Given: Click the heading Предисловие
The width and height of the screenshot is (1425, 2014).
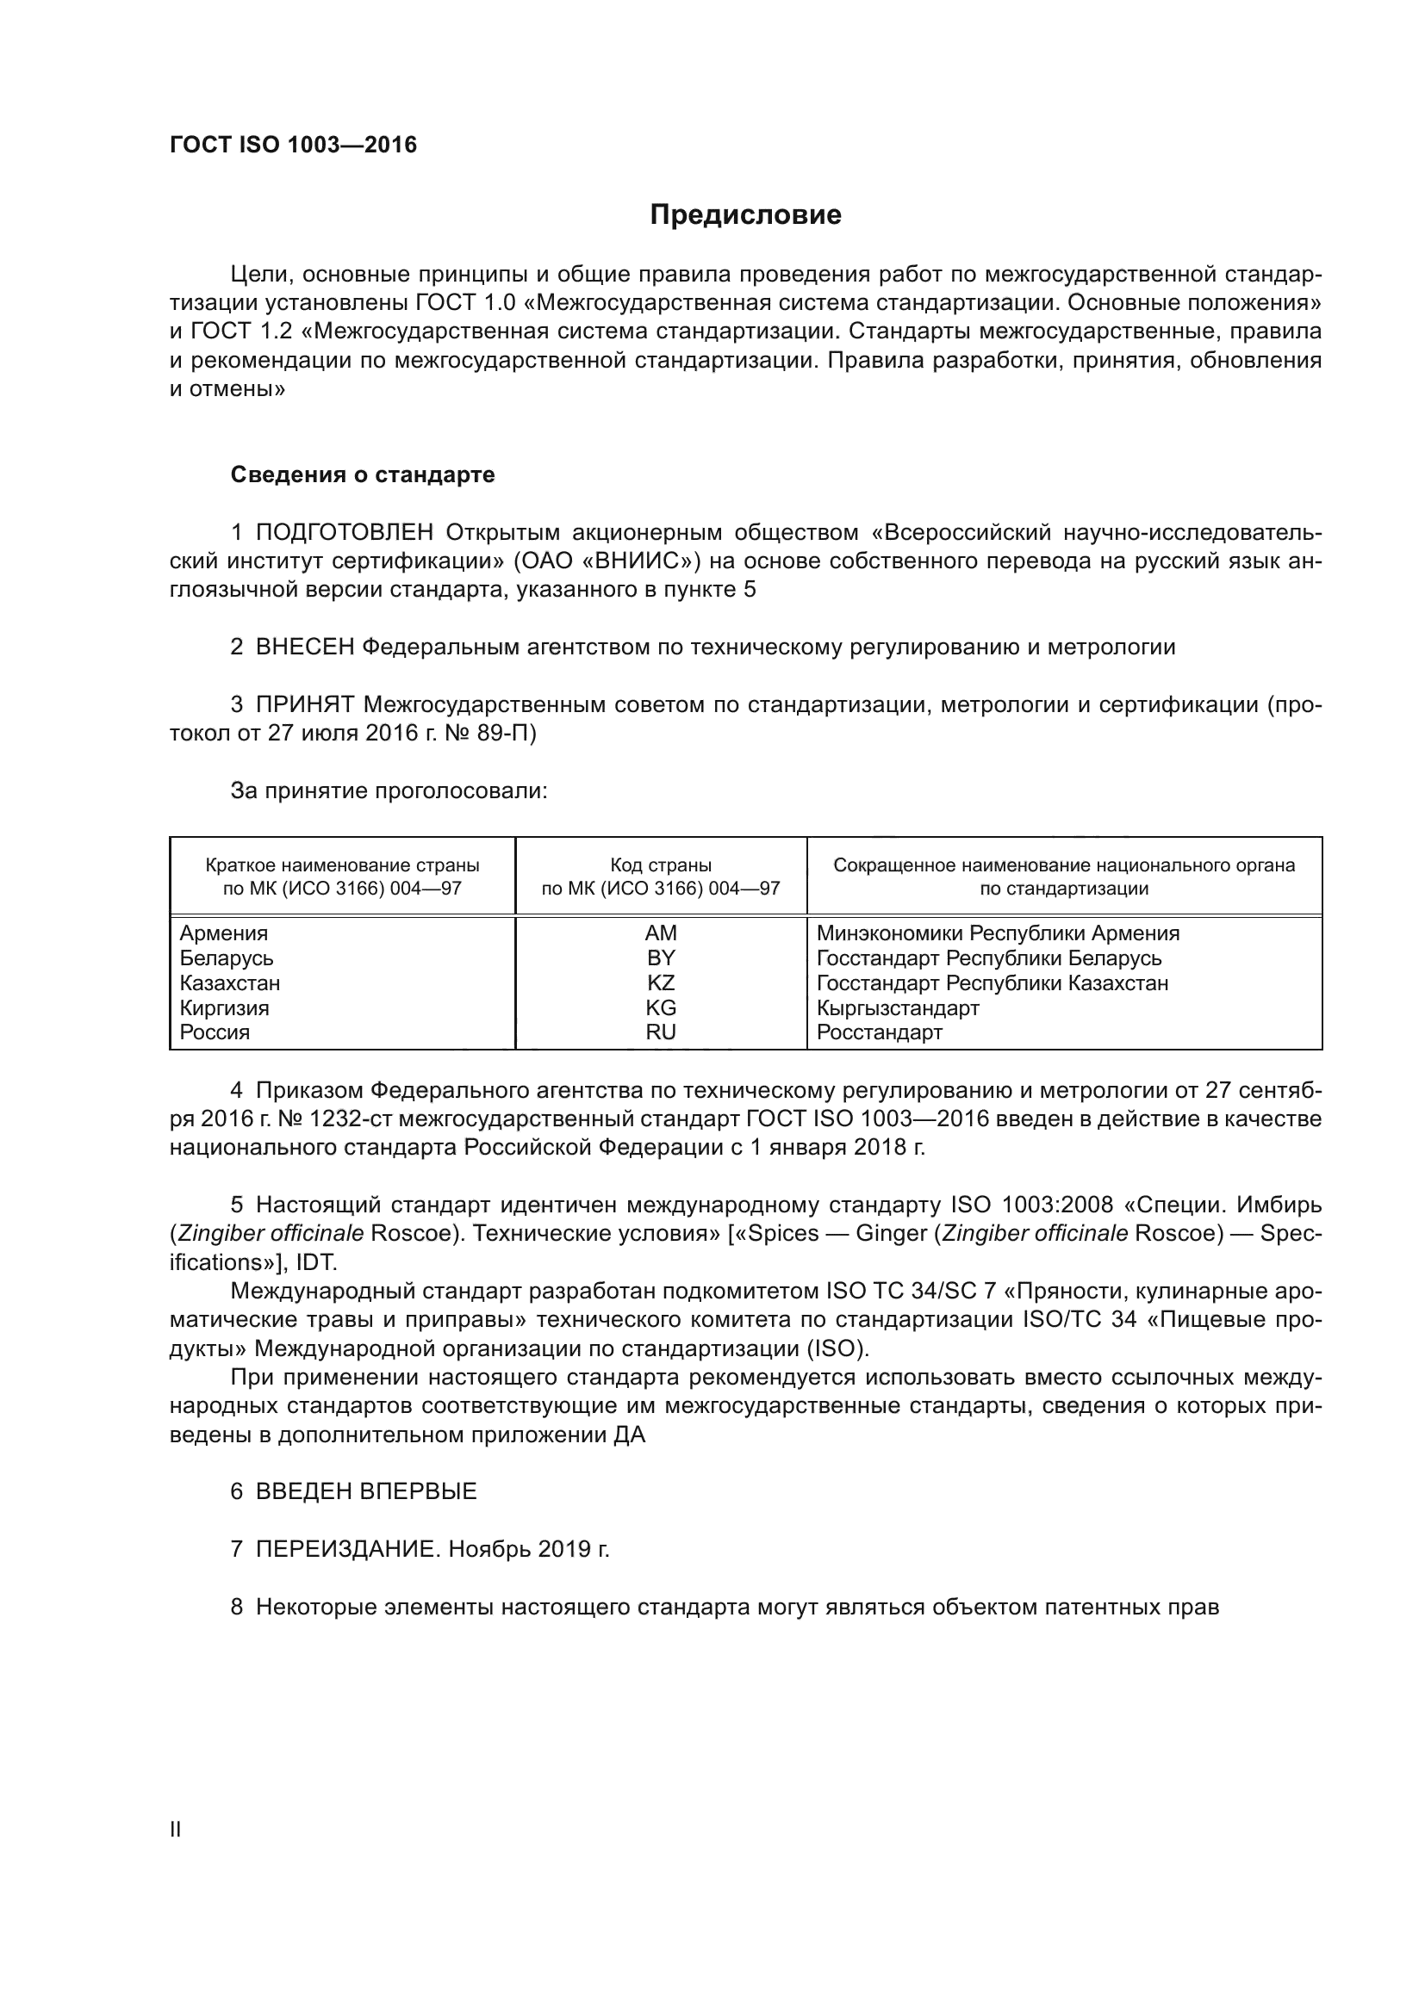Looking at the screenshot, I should point(745,215).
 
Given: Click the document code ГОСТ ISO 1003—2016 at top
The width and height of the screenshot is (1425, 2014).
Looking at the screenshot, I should point(293,146).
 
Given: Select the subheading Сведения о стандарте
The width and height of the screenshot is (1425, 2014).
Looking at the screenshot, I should point(363,474).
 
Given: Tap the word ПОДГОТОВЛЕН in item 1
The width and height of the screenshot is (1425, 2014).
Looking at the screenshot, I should point(344,532).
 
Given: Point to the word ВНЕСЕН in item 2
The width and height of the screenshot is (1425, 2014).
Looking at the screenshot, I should point(304,648).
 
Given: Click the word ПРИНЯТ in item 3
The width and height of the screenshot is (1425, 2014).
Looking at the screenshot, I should point(304,704).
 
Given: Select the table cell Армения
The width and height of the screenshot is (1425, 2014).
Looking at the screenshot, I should point(224,933).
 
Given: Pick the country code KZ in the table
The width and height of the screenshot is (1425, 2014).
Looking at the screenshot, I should point(660,982).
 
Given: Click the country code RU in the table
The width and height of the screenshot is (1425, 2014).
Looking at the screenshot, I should point(660,1032).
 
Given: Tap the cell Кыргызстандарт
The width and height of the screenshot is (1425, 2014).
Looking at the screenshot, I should point(897,1008).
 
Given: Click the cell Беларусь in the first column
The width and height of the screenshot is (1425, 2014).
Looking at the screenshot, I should point(227,957).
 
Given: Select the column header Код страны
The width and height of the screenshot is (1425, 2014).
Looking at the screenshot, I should point(660,865).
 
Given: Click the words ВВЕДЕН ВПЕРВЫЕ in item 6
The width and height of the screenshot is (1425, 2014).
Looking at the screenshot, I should point(366,1491).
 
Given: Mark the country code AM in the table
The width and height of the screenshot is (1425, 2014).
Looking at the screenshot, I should point(660,933).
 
